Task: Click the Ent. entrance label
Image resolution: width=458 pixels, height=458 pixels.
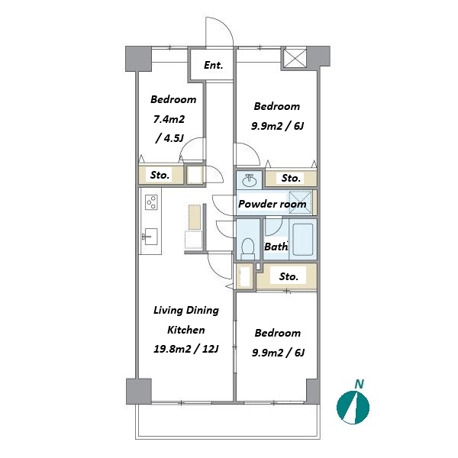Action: [213, 65]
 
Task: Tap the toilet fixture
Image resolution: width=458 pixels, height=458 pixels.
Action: [248, 249]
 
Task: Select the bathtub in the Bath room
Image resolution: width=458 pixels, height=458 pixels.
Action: [303, 240]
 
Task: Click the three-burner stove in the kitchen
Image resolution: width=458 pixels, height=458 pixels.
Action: [151, 202]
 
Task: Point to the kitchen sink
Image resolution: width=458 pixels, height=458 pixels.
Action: [150, 237]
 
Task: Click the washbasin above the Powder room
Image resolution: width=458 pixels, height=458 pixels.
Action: [249, 179]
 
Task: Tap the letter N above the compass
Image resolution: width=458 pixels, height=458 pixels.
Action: [359, 384]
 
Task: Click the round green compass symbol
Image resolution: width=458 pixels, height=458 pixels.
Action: [353, 408]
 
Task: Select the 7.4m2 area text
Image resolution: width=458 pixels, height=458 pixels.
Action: [169, 119]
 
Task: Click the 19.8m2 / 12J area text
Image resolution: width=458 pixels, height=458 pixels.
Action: [186, 349]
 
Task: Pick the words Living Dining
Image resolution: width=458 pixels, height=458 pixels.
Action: [186, 310]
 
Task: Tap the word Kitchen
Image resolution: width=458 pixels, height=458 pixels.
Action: [185, 330]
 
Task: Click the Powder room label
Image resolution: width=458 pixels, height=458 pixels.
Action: [273, 204]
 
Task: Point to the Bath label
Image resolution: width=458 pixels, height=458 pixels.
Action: [276, 247]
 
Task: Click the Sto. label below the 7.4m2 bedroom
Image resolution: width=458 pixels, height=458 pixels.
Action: [160, 175]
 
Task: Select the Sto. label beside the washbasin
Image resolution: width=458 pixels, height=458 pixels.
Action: [291, 178]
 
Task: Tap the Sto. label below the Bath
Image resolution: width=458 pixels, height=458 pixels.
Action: [289, 276]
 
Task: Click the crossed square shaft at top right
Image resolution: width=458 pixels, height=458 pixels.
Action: [295, 58]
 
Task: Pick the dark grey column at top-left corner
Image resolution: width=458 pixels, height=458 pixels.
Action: [138, 59]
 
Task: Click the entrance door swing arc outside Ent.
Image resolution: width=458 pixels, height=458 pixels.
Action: [227, 25]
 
